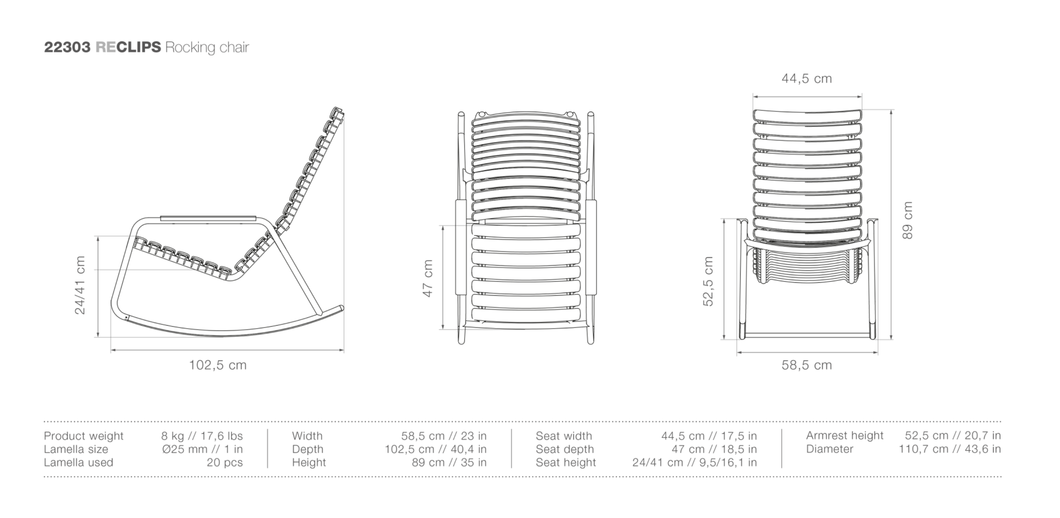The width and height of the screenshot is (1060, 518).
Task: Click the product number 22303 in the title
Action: pos(67,47)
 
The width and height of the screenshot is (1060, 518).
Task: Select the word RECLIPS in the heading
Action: pos(128,47)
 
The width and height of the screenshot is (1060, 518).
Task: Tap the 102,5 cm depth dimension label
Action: pos(218,365)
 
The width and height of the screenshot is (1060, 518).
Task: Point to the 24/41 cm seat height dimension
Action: pos(80,285)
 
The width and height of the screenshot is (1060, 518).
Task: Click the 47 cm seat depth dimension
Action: pos(428,279)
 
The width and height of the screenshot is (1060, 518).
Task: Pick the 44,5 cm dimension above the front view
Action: pos(807,79)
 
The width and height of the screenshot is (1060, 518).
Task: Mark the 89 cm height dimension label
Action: pos(907,220)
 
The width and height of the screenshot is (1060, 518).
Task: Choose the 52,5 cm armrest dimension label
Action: pos(708,281)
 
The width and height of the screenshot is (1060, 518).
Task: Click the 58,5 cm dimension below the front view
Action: pos(807,365)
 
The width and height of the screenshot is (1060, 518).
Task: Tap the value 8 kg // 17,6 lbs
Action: pos(202,436)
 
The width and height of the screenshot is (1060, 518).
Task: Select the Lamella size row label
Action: pos(76,449)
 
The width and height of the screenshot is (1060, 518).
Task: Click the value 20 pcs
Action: pos(224,462)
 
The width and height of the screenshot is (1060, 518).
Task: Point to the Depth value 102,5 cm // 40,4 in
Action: pos(436,449)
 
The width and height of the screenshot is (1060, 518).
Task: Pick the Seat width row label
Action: pos(564,436)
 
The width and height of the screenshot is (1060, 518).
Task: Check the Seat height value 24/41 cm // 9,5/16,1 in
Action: pos(695,462)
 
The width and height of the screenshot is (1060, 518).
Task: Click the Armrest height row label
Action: pos(845,435)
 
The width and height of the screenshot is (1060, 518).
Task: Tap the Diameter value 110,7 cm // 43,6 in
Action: pos(950,449)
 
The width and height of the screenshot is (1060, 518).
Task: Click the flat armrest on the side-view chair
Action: pos(208,218)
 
